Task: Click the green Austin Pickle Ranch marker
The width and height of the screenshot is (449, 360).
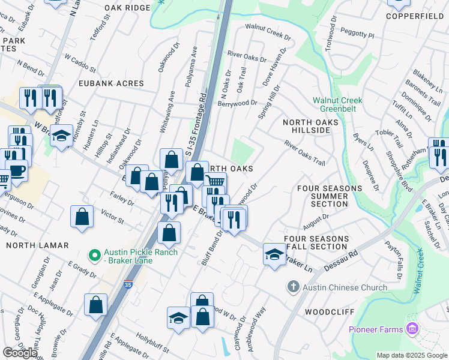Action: click(x=94, y=256)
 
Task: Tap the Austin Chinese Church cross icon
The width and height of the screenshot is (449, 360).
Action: click(x=292, y=287)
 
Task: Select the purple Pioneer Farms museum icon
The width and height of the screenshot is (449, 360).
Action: click(x=412, y=329)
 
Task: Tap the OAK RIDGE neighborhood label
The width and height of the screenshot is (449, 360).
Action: click(x=127, y=8)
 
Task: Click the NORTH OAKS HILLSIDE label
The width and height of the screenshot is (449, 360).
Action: click(x=307, y=126)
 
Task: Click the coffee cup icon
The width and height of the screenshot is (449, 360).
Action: click(x=17, y=170)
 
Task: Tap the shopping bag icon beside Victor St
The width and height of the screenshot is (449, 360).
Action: click(x=82, y=217)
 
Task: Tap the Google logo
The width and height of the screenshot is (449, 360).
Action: click(x=20, y=353)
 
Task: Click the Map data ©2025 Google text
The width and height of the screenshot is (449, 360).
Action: click(x=411, y=355)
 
